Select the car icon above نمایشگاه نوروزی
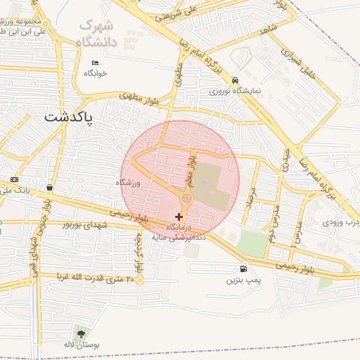(x=235, y=80)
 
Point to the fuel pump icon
(x=243, y=269)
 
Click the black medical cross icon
(x=177, y=217)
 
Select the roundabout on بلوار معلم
(x=186, y=200)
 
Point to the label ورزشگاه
(x=129, y=183)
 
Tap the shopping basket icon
(x=49, y=188)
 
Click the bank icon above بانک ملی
(x=14, y=180)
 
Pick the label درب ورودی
(x=342, y=221)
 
